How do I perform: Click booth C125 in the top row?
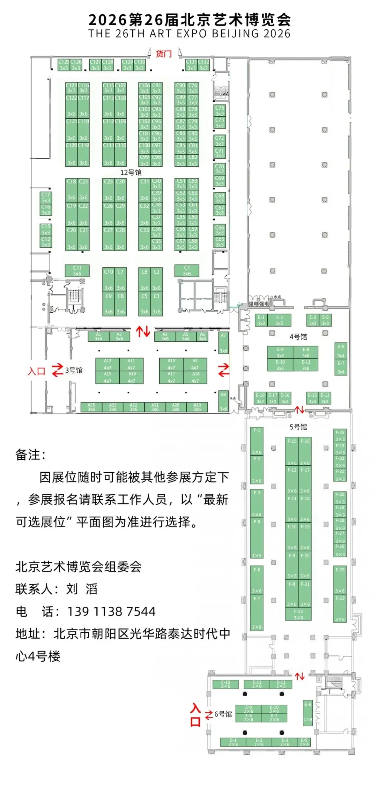tap(64, 65)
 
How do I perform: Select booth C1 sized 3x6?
tap(187, 270)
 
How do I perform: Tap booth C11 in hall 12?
tap(77, 270)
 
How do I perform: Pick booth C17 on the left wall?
tap(46, 197)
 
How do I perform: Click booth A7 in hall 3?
tap(223, 343)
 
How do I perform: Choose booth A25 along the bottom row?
tap(91, 407)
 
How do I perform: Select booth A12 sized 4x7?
tap(108, 364)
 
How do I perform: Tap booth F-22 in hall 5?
tap(298, 614)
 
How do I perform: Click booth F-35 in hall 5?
tap(340, 435)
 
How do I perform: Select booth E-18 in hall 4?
tap(260, 398)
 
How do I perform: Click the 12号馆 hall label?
tap(131, 173)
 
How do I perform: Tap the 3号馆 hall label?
tap(74, 370)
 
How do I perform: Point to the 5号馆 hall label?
tap(298, 427)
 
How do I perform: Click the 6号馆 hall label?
tap(223, 714)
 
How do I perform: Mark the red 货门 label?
tap(164, 54)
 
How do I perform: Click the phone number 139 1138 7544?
tap(111, 611)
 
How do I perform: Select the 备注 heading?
tap(30, 455)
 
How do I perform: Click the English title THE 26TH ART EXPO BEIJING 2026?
tap(189, 34)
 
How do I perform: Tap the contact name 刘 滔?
tap(82, 589)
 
